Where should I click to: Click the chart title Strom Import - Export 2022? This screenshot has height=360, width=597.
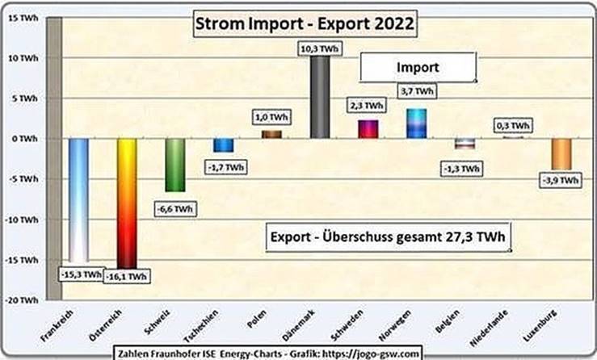(304, 24)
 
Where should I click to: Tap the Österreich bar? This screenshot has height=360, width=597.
(128, 202)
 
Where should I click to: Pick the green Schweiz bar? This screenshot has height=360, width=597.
(176, 165)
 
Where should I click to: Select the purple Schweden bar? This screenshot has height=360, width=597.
(368, 129)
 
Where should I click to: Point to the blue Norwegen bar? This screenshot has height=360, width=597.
(417, 123)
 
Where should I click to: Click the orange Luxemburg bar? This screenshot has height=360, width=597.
(561, 153)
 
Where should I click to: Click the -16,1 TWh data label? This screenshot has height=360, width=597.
(127, 276)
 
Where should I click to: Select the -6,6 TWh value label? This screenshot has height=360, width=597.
(173, 209)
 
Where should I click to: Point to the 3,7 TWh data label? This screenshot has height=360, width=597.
(416, 91)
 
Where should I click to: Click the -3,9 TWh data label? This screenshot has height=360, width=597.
(560, 181)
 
